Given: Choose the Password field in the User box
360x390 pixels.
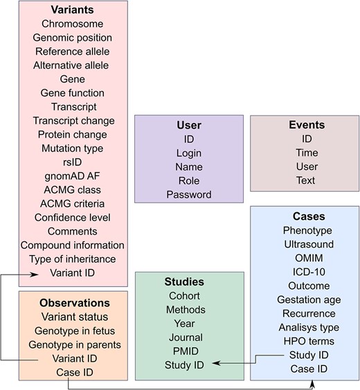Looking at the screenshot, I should click(x=188, y=194).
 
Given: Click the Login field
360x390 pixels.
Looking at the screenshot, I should click(x=188, y=153).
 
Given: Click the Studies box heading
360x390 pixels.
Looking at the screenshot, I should click(x=184, y=282).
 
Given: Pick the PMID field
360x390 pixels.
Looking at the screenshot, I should click(x=184, y=351).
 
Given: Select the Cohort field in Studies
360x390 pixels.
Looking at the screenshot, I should click(x=184, y=296).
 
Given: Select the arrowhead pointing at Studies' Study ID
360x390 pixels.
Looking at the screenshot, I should click(x=214, y=362).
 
